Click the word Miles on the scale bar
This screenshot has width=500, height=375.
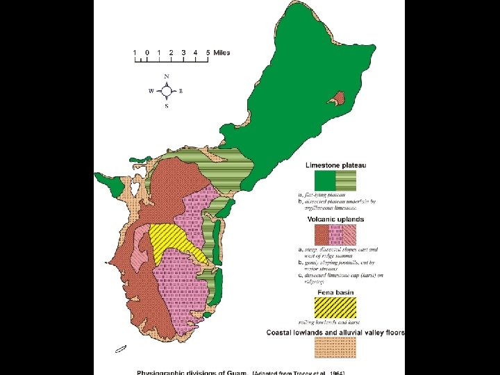(x=222, y=52)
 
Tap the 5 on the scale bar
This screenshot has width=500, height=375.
(x=207, y=52)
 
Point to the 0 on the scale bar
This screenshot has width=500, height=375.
(x=147, y=52)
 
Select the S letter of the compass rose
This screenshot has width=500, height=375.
(x=167, y=106)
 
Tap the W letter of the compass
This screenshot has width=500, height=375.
(x=151, y=91)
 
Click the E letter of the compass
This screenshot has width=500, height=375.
(x=181, y=91)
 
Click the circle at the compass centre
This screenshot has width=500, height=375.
(x=167, y=90)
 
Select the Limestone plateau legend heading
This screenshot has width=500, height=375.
(x=337, y=165)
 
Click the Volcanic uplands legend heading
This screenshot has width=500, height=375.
(x=335, y=219)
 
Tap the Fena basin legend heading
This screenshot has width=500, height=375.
(x=335, y=293)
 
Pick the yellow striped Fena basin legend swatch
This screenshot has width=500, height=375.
(x=335, y=306)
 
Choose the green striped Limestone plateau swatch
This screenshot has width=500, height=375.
(x=346, y=181)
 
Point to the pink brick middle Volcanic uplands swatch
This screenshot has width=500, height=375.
(x=335, y=235)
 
